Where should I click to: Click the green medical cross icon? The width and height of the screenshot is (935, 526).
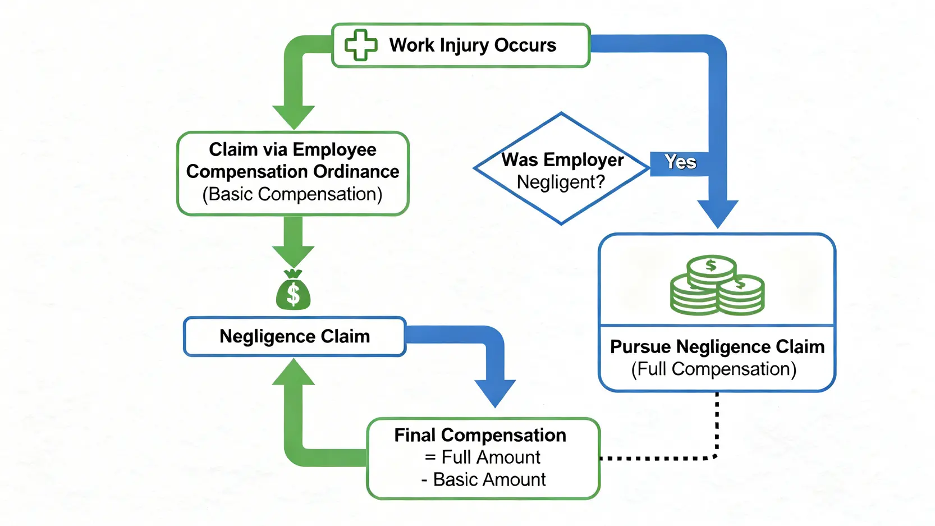tap(360, 45)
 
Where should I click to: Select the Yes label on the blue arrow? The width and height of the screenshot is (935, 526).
tap(680, 162)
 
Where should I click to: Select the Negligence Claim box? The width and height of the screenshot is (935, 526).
tap(295, 336)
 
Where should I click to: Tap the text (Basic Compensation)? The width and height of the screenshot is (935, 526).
tap(292, 194)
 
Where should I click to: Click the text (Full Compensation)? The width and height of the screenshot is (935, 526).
tap(714, 369)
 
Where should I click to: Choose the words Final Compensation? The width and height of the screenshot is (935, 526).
tap(480, 435)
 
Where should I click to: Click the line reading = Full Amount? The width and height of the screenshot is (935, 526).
tap(482, 457)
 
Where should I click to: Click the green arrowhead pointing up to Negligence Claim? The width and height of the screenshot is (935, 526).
tap(293, 372)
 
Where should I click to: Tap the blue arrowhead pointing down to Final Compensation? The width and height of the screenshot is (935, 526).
tap(495, 393)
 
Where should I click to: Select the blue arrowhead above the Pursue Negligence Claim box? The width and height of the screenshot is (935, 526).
tap(717, 213)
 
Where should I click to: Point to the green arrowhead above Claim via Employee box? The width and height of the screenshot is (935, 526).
tap(293, 117)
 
